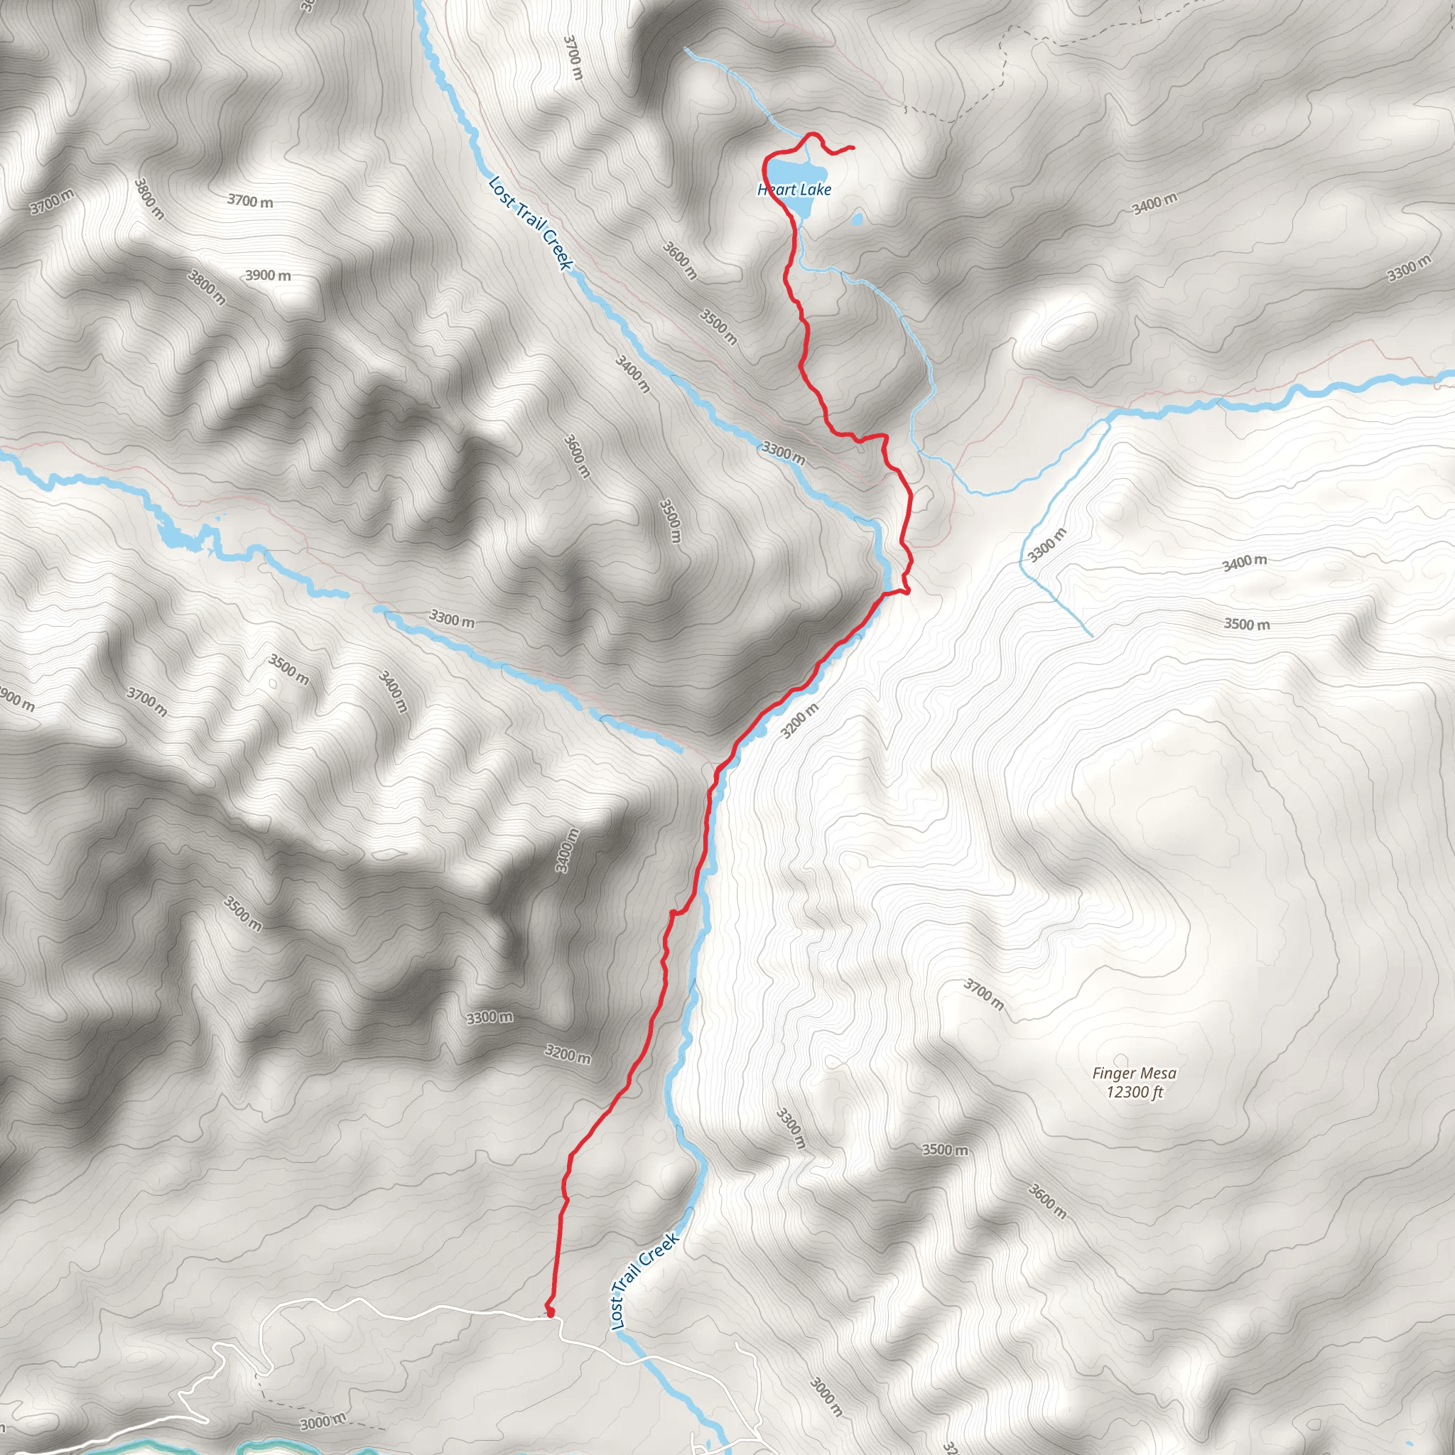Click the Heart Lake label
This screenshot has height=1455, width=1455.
[794, 189]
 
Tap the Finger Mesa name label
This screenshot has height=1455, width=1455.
[1134, 1073]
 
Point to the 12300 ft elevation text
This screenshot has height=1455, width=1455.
[1134, 1092]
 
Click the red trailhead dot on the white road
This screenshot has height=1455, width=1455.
[550, 1313]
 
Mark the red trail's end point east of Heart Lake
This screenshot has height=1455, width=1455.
[852, 148]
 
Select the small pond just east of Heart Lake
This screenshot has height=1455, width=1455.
[856, 220]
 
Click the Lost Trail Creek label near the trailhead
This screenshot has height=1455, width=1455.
[644, 1281]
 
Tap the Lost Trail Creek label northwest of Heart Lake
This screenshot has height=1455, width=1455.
[531, 223]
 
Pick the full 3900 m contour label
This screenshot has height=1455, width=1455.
[268, 275]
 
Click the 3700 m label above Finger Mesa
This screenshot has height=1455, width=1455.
[983, 994]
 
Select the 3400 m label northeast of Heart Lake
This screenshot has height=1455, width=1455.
[1154, 202]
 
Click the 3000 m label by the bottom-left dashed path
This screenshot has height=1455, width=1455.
[323, 1421]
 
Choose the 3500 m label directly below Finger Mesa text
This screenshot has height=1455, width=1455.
[945, 1150]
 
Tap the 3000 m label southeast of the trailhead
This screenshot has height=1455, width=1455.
[826, 1395]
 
